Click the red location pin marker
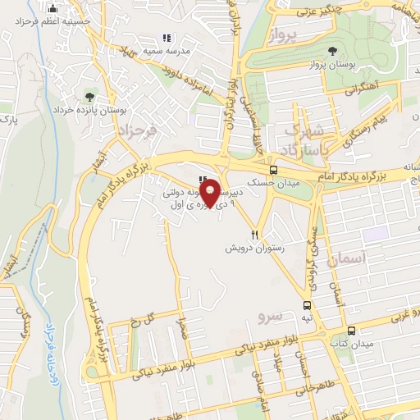[x=211, y=192]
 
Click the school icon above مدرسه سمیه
[x=167, y=38]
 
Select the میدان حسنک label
[x=272, y=185]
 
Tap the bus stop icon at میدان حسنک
[x=272, y=171]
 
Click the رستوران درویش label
[x=256, y=246]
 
